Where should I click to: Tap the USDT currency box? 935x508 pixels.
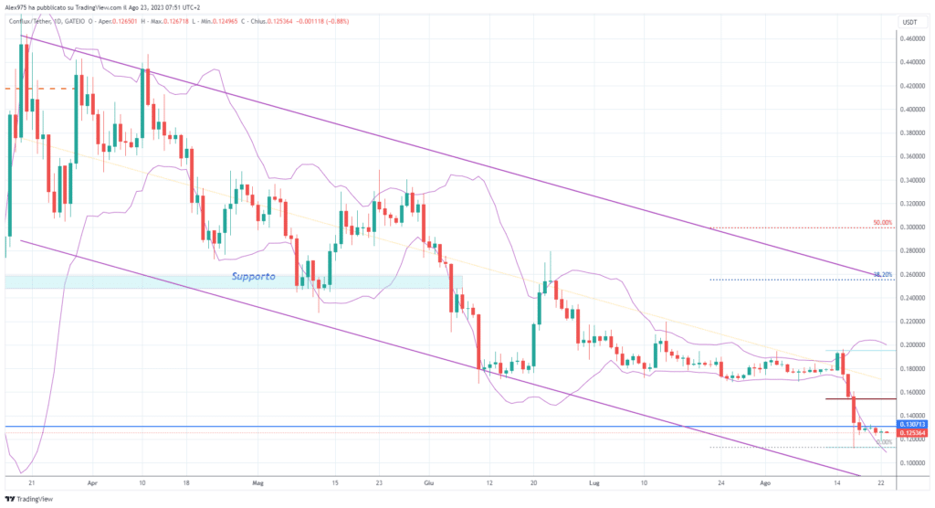pyautogui.click(x=909, y=21)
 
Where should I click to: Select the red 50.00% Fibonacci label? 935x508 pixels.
pyautogui.click(x=881, y=222)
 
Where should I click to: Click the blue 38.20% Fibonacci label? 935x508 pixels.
pyautogui.click(x=881, y=274)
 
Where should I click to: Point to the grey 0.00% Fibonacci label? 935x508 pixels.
pyautogui.click(x=883, y=442)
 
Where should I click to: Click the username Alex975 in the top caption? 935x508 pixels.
pyautogui.click(x=18, y=7)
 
